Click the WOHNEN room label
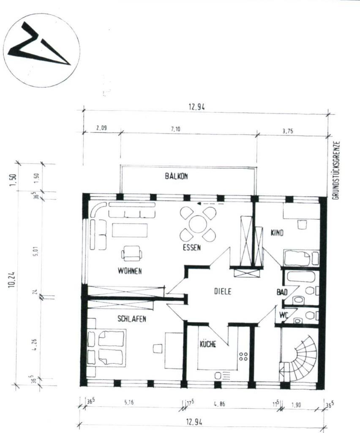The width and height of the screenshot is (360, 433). [x=129, y=271]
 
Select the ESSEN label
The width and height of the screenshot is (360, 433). [x=191, y=248]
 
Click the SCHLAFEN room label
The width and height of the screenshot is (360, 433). [x=131, y=319]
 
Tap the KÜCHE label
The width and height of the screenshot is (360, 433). [x=208, y=345]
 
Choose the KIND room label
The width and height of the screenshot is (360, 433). [x=276, y=233]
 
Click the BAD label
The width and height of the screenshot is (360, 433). [x=282, y=292]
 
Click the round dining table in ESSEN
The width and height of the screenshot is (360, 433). [x=198, y=224]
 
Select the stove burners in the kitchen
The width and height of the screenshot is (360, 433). [x=244, y=356]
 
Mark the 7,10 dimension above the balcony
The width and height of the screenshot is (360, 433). [x=176, y=129]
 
